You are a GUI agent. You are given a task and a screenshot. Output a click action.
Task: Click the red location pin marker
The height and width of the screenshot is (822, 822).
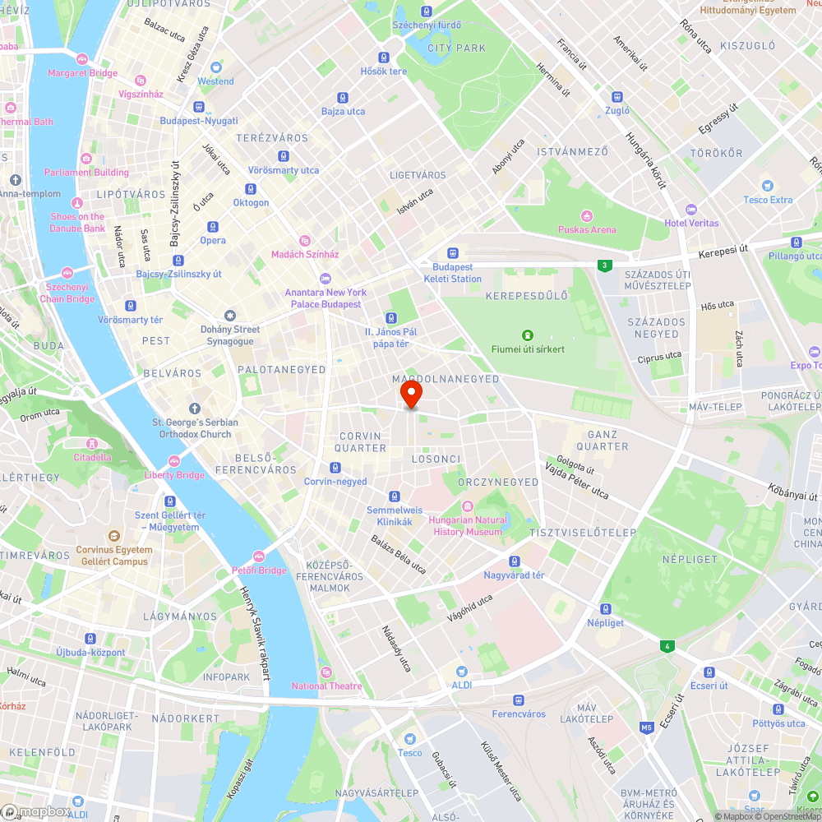pyautogui.click(x=411, y=395)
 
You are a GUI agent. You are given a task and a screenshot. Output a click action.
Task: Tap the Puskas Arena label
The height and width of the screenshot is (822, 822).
pyautogui.click(x=587, y=229)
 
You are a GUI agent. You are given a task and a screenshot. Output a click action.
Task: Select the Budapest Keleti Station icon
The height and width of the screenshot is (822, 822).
pyautogui.click(x=452, y=253)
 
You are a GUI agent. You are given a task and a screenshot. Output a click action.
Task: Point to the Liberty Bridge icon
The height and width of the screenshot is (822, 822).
pyautogui.click(x=174, y=461)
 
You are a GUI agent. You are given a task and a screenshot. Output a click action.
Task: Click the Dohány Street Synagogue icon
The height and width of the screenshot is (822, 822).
pyautogui.click(x=230, y=316)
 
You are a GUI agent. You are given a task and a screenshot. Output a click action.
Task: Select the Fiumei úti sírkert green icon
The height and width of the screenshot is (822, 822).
pyautogui.click(x=527, y=335)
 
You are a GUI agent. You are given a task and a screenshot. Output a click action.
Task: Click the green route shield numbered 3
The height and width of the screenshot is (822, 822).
pyautogui.click(x=605, y=265)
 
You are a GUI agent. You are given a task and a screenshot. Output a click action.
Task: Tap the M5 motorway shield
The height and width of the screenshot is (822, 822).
pyautogui.click(x=647, y=727)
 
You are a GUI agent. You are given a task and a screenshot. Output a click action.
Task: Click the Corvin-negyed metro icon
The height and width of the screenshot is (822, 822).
pyautogui.click(x=335, y=468)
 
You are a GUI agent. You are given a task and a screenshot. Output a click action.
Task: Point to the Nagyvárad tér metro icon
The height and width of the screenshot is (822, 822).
pyautogui.click(x=515, y=561)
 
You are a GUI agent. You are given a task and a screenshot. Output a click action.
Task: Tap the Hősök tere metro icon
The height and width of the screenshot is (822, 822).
pyautogui.click(x=384, y=58)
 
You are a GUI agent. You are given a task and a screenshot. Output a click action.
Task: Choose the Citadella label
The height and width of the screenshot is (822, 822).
pyautogui.click(x=92, y=457)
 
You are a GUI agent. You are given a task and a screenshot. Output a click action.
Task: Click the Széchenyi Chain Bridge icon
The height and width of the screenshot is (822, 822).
pyautogui.click(x=67, y=273)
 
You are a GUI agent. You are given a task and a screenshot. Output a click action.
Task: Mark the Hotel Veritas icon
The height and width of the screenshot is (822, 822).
pyautogui.click(x=691, y=210)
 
